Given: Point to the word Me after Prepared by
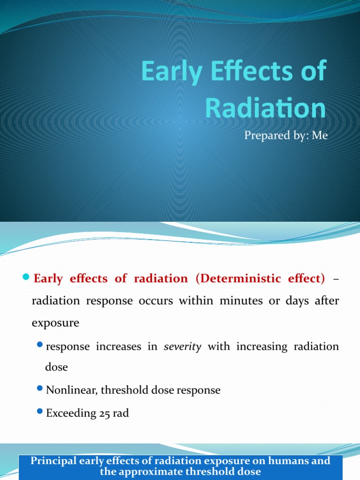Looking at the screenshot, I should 318,136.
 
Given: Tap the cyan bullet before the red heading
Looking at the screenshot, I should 26,278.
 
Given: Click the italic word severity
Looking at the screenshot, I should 182,346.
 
